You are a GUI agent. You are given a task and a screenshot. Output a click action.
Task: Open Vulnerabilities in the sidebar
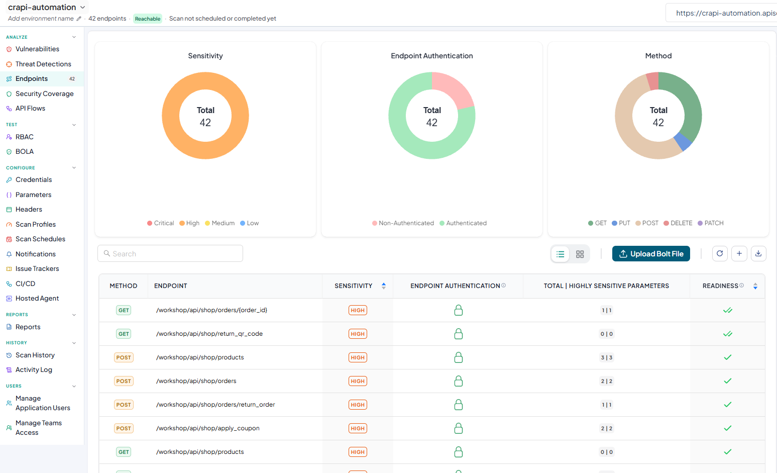37,49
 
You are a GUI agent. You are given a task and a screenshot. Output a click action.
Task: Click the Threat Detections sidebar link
43,64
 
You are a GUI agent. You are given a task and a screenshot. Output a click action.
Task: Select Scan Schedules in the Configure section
40,239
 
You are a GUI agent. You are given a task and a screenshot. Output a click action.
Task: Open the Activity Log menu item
34,369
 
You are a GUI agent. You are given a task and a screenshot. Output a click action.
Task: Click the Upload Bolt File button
651,254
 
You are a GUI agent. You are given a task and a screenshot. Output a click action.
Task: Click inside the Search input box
170,254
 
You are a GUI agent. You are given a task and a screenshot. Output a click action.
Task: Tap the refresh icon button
720,254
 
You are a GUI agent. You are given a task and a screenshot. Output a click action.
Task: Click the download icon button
758,254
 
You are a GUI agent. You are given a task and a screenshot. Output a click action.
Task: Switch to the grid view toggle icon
580,254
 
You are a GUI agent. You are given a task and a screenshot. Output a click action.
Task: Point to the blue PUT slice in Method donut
683,141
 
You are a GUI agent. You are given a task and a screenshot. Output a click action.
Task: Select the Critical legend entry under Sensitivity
161,223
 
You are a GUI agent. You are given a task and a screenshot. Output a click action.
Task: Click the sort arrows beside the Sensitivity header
384,286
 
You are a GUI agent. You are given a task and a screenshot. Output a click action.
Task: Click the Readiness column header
720,286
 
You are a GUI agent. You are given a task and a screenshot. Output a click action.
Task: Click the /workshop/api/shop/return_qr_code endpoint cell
209,334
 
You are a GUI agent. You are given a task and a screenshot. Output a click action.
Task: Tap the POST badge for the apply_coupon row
124,428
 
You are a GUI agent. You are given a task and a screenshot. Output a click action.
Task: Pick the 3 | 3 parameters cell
606,357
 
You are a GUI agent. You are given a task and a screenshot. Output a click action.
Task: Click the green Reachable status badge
148,19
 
